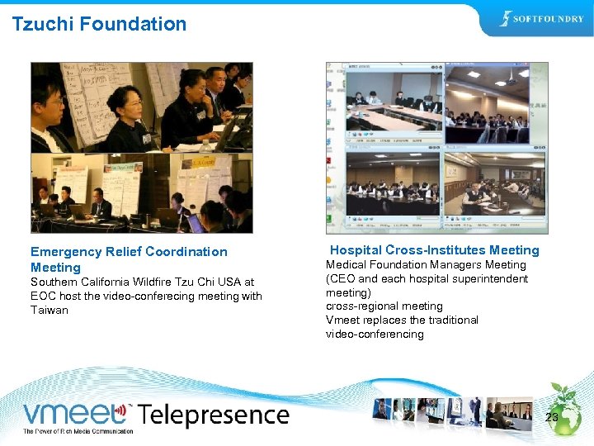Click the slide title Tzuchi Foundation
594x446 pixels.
click(99, 24)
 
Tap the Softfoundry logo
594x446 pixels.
click(541, 19)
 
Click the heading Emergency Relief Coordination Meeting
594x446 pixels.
click(129, 259)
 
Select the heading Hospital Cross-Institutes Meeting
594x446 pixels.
click(434, 250)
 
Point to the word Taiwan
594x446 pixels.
click(49, 310)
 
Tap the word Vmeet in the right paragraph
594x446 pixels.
click(342, 320)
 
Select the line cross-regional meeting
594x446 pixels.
click(384, 306)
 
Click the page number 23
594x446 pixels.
click(552, 418)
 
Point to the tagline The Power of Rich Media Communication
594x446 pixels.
click(78, 431)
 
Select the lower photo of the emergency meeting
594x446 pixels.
click(141, 192)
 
